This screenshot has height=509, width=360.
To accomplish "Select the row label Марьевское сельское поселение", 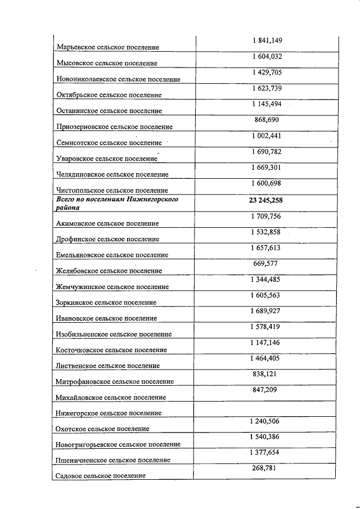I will click(x=107, y=47).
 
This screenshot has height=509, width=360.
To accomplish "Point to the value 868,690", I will click(x=266, y=120).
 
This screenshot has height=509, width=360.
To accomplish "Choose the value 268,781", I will click(x=265, y=468).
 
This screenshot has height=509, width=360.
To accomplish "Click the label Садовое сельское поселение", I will click(x=101, y=476).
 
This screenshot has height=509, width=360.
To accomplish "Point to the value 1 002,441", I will click(x=266, y=136).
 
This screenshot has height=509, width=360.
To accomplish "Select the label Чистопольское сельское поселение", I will click(x=112, y=191).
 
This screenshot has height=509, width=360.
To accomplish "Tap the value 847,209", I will click(x=265, y=389).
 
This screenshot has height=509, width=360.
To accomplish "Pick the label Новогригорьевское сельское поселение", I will click(x=118, y=444).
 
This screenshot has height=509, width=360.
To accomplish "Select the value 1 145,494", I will click(x=266, y=104).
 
